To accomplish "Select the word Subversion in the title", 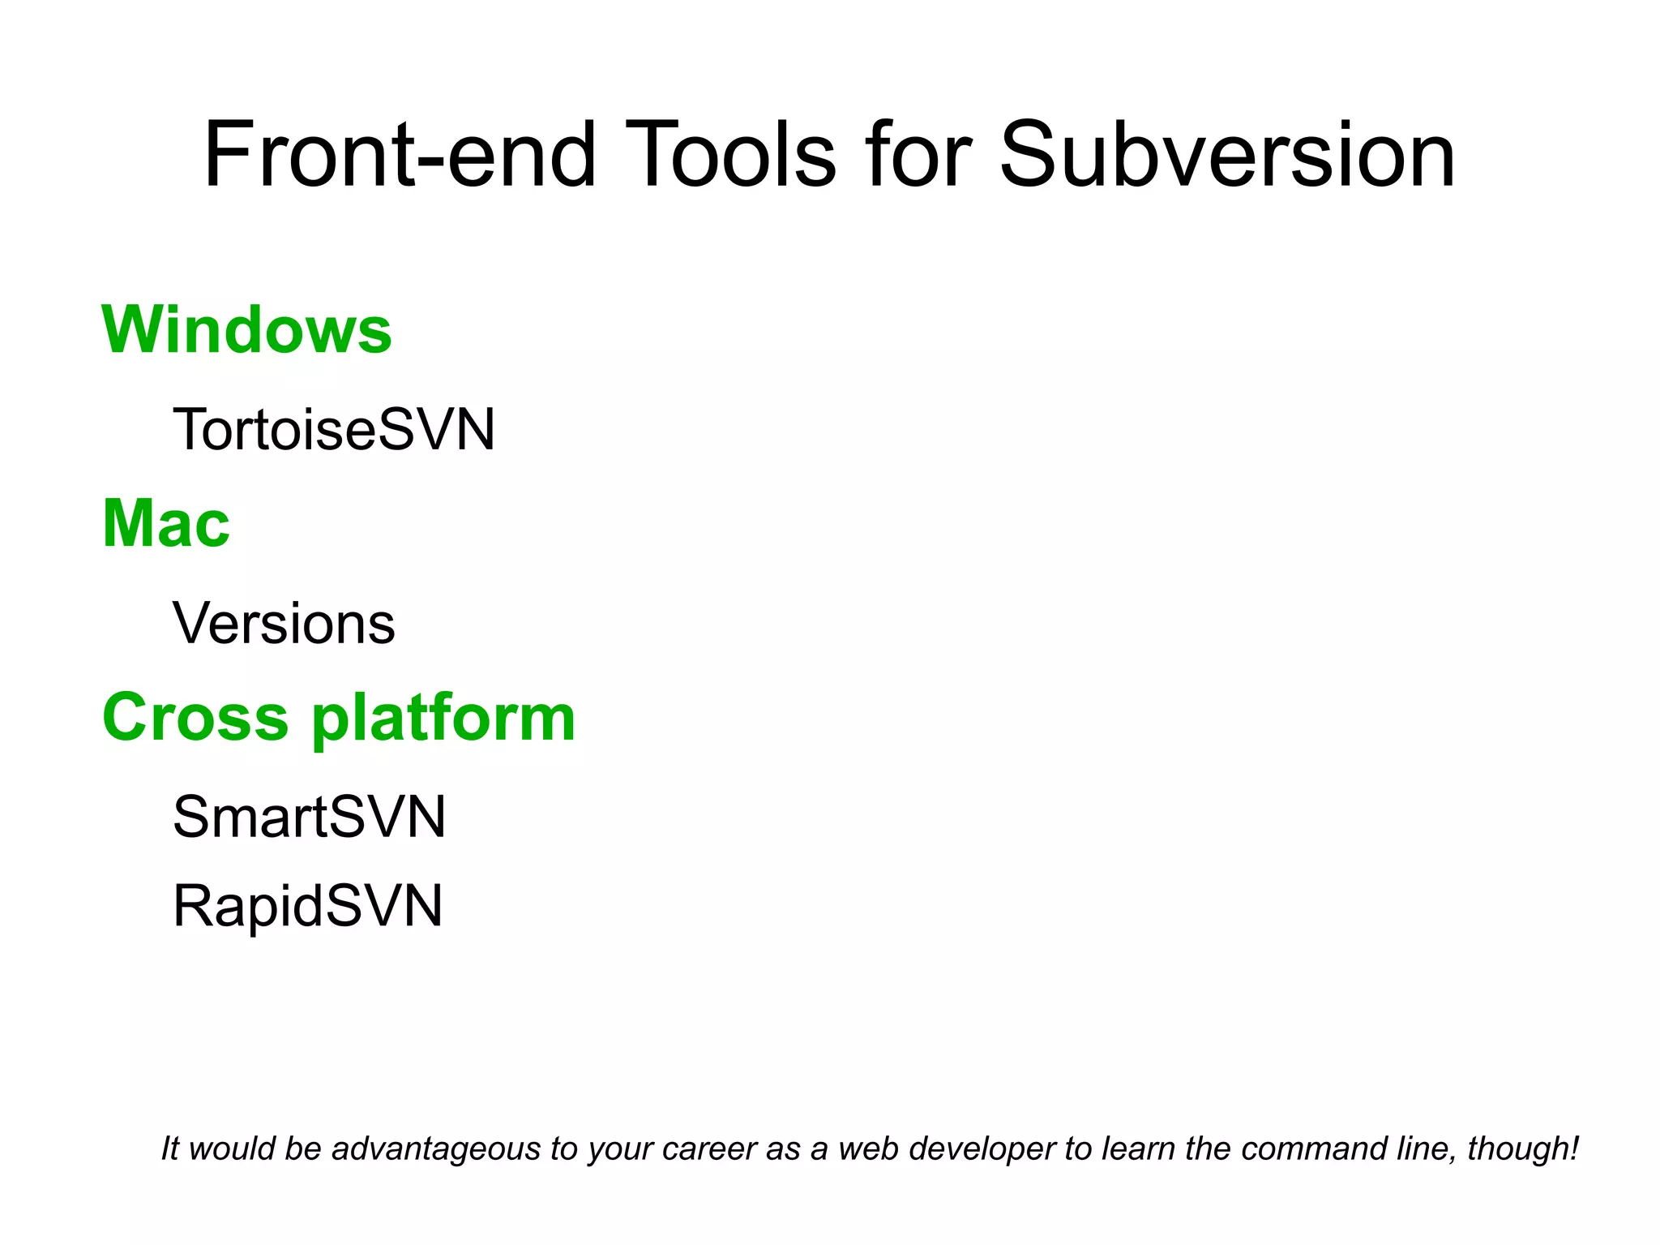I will (1227, 154).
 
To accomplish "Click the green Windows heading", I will (246, 330).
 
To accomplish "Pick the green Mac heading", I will (166, 524).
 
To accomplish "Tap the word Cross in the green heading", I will (195, 718).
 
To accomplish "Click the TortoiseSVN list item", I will (333, 429).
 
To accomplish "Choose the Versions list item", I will (284, 623).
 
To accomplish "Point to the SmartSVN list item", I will (309, 816).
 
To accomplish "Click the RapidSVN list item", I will (308, 905).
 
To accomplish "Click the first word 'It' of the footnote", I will (169, 1149).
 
